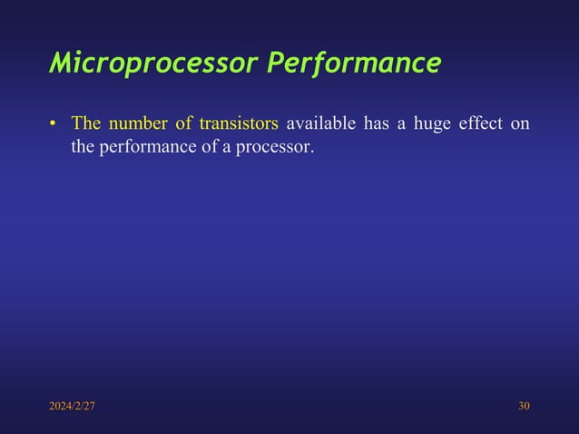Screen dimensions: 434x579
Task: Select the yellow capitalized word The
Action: click(x=85, y=123)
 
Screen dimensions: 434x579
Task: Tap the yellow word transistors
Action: click(x=238, y=123)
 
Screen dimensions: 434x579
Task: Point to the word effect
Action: click(x=484, y=123)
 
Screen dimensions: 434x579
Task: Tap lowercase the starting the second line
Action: click(x=83, y=145)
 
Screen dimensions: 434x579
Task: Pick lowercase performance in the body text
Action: click(x=143, y=145)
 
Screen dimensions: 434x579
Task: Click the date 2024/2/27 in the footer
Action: click(x=72, y=405)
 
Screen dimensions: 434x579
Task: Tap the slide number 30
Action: click(x=524, y=405)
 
